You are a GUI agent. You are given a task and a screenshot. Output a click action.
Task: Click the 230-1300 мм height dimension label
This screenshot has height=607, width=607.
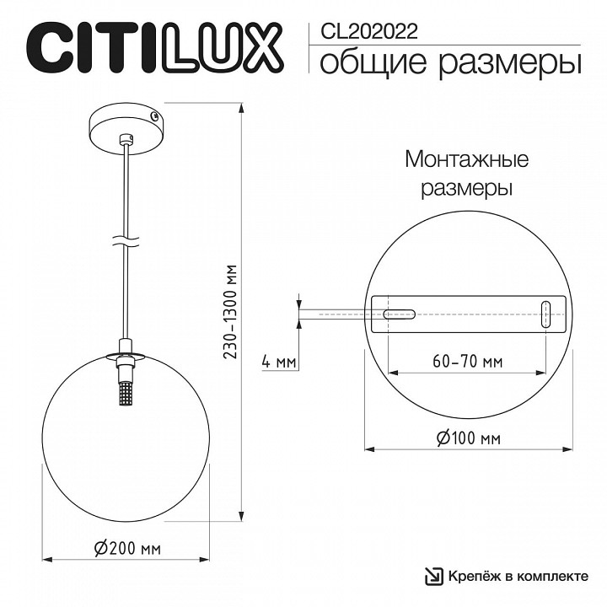230,313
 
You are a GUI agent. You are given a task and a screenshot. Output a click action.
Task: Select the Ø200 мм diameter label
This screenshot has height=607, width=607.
127,548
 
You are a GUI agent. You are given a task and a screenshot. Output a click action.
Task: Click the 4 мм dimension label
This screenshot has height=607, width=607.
278,362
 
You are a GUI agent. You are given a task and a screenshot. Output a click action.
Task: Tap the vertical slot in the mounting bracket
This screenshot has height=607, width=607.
545,314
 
